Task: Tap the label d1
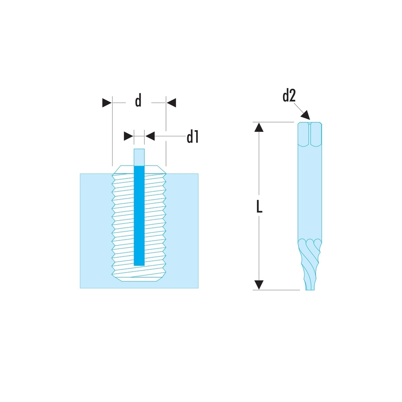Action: (193, 137)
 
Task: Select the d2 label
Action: (289, 96)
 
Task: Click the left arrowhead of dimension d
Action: (106, 103)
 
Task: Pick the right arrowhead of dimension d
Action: (172, 103)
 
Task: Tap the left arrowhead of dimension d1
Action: (128, 136)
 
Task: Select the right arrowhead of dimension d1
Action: (150, 136)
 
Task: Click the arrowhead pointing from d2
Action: (306, 115)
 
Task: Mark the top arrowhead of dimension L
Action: (260, 127)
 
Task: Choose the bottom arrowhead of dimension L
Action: (260, 284)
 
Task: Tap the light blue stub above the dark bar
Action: (139, 157)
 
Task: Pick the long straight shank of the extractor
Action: (310, 193)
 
